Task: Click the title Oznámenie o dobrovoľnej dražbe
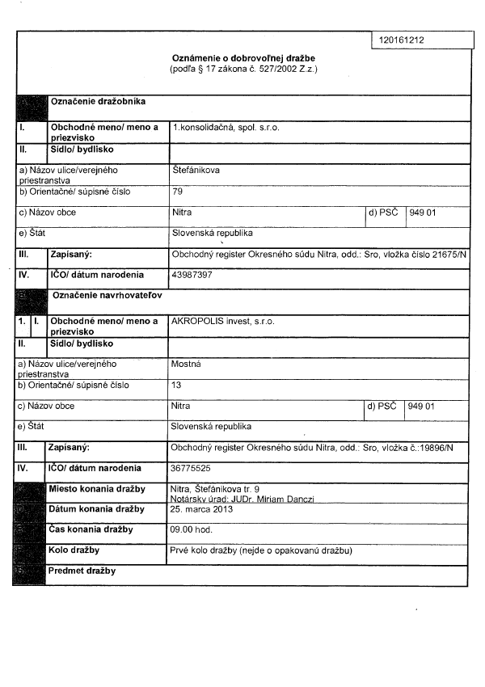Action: pyautogui.click(x=243, y=59)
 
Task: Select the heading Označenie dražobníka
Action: pyautogui.click(x=98, y=102)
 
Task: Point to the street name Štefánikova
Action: pyautogui.click(x=196, y=171)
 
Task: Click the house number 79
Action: pyautogui.click(x=178, y=192)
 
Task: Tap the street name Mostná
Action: pyautogui.click(x=187, y=365)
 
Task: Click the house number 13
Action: pyautogui.click(x=177, y=386)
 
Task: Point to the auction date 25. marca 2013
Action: pyautogui.click(x=202, y=509)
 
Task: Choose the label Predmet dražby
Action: pyautogui.click(x=81, y=571)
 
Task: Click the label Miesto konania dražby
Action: pyautogui.click(x=96, y=489)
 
